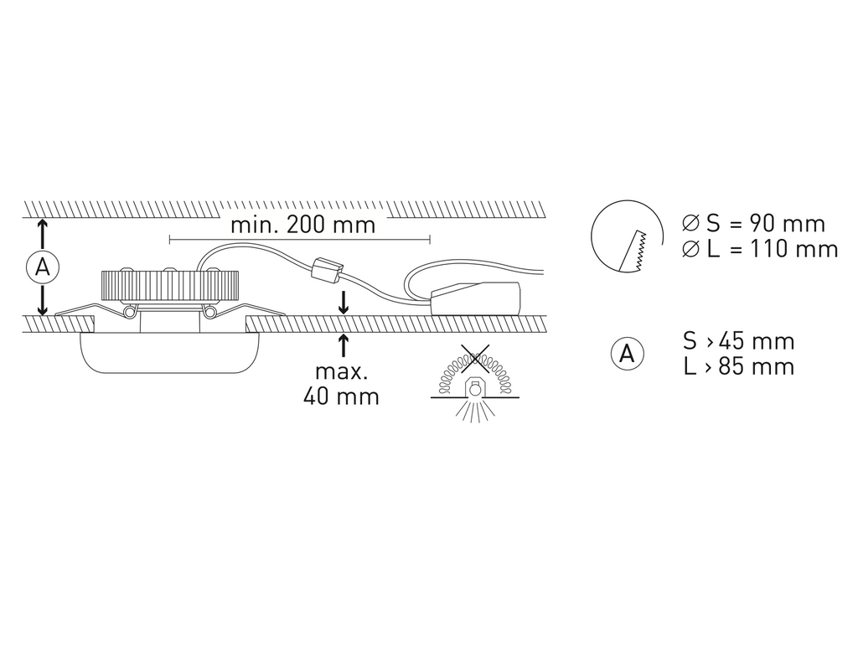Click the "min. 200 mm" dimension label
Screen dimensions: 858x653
pyautogui.click(x=303, y=225)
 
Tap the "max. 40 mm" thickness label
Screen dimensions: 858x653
pyautogui.click(x=342, y=384)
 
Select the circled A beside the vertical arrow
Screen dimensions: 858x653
pyautogui.click(x=42, y=267)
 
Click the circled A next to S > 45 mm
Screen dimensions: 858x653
pyautogui.click(x=627, y=354)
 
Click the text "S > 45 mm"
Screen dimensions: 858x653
pyautogui.click(x=739, y=341)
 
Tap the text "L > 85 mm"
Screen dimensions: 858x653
pyautogui.click(x=739, y=366)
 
